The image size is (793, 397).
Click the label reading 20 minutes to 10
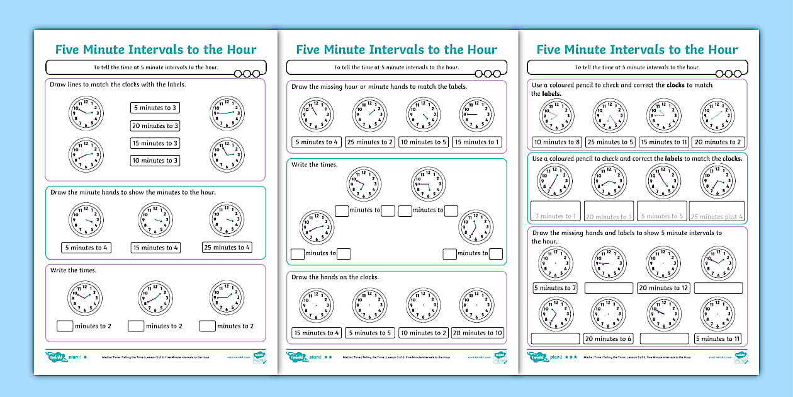[x=478, y=333]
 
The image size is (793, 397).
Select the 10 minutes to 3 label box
[x=155, y=161]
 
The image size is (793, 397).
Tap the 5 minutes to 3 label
[x=155, y=108]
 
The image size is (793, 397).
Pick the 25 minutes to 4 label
[x=227, y=248]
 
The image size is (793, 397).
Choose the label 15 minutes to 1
[x=477, y=142]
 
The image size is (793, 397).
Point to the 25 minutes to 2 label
[x=370, y=142]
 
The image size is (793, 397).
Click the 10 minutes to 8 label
[x=557, y=142]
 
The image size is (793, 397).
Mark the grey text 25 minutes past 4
[x=717, y=217]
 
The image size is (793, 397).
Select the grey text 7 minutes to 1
[x=556, y=217]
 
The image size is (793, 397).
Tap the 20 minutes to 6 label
[x=609, y=339]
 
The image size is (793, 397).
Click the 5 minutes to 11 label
[x=717, y=339]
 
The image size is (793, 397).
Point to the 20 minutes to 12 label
[x=663, y=288]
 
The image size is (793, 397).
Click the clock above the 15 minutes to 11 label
[x=663, y=115]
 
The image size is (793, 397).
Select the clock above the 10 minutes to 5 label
[x=423, y=114]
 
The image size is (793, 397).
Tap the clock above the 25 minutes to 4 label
[x=227, y=220]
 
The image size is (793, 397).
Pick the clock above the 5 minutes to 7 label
[x=555, y=263]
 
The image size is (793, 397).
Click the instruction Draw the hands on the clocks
[x=335, y=277]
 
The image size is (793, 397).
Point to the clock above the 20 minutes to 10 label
[x=476, y=306]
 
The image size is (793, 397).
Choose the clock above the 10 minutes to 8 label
[x=556, y=115]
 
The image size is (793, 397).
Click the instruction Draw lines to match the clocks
[x=118, y=84]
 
